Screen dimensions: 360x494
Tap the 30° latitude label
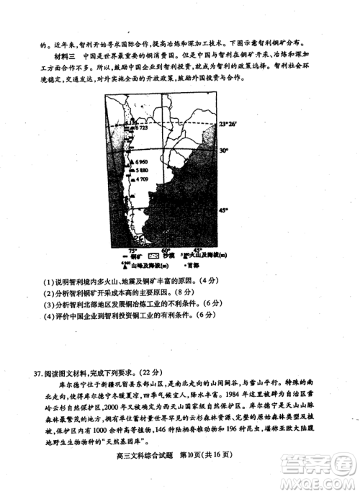224,151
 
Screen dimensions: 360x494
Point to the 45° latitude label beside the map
224,210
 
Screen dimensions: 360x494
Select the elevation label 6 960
138,162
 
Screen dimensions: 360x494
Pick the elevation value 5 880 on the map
138,171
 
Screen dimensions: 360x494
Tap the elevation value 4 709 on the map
138,179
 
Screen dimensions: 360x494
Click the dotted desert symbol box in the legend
153,256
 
